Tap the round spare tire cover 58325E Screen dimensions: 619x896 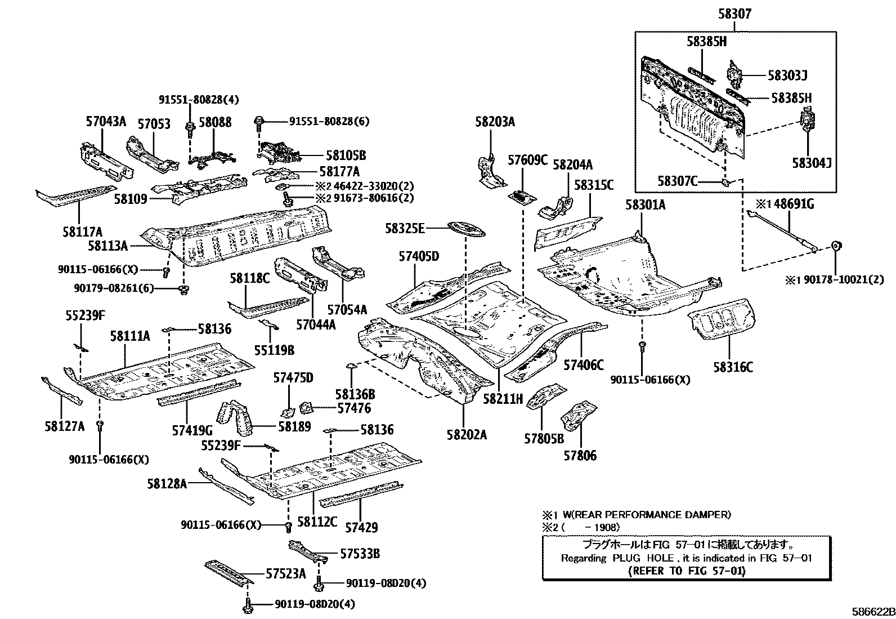coord(466,229)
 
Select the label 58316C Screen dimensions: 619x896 coord(733,368)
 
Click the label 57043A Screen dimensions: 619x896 coord(106,121)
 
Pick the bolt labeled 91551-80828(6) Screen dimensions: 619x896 coord(259,121)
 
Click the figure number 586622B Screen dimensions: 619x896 coord(872,612)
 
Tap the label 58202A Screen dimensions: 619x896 coord(467,434)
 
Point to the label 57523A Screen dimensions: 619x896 coord(285,574)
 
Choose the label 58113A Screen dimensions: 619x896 coord(108,246)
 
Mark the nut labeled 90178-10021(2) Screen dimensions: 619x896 coord(836,246)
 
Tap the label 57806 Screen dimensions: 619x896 coord(580,455)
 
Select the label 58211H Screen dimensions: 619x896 coord(503,399)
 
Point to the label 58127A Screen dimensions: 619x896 coord(65,426)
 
